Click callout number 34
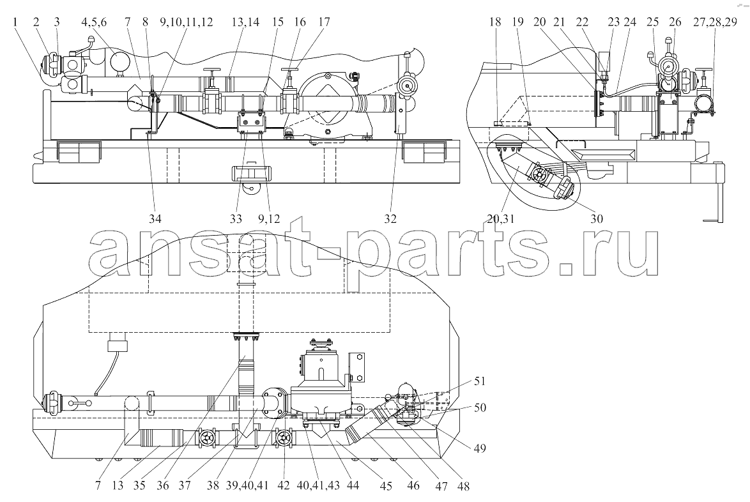(155, 218)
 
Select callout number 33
(236, 218)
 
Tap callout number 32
(390, 218)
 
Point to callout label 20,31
(501, 218)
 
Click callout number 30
(597, 218)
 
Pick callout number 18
(495, 22)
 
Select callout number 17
(323, 22)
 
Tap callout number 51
(480, 381)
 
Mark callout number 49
(479, 448)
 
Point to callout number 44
(353, 486)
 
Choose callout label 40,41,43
(319, 486)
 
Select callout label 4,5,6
(94, 22)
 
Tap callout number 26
(675, 22)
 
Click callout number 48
(463, 486)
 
